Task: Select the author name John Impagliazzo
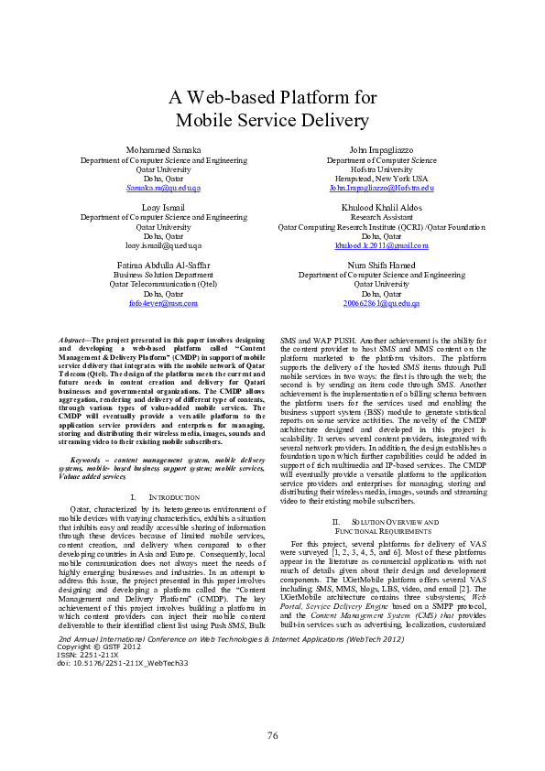(381, 149)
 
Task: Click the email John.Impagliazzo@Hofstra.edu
(381, 188)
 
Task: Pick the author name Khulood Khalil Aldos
(381, 208)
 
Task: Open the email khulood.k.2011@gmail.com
(381, 245)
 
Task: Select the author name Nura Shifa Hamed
(381, 266)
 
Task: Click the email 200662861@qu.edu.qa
(381, 303)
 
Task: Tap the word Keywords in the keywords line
(88, 459)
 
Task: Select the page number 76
(272, 735)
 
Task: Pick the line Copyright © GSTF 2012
(91, 647)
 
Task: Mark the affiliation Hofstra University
(381, 168)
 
